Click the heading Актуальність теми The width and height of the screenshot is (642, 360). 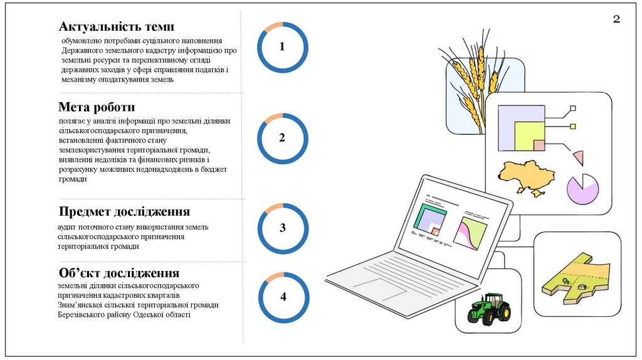(116, 26)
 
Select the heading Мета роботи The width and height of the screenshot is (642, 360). (97, 107)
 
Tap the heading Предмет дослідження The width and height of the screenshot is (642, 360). (124, 211)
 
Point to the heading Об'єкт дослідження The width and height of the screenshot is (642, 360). (119, 273)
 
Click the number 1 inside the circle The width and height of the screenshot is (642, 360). (282, 47)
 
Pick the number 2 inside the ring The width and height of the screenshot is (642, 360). (282, 138)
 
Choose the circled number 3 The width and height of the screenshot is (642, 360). (283, 228)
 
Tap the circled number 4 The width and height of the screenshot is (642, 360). (283, 297)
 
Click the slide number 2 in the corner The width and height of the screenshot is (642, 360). (616, 19)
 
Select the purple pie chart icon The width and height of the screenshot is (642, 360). (582, 189)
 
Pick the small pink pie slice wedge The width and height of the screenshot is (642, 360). (578, 157)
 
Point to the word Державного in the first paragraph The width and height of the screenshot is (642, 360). (82, 50)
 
